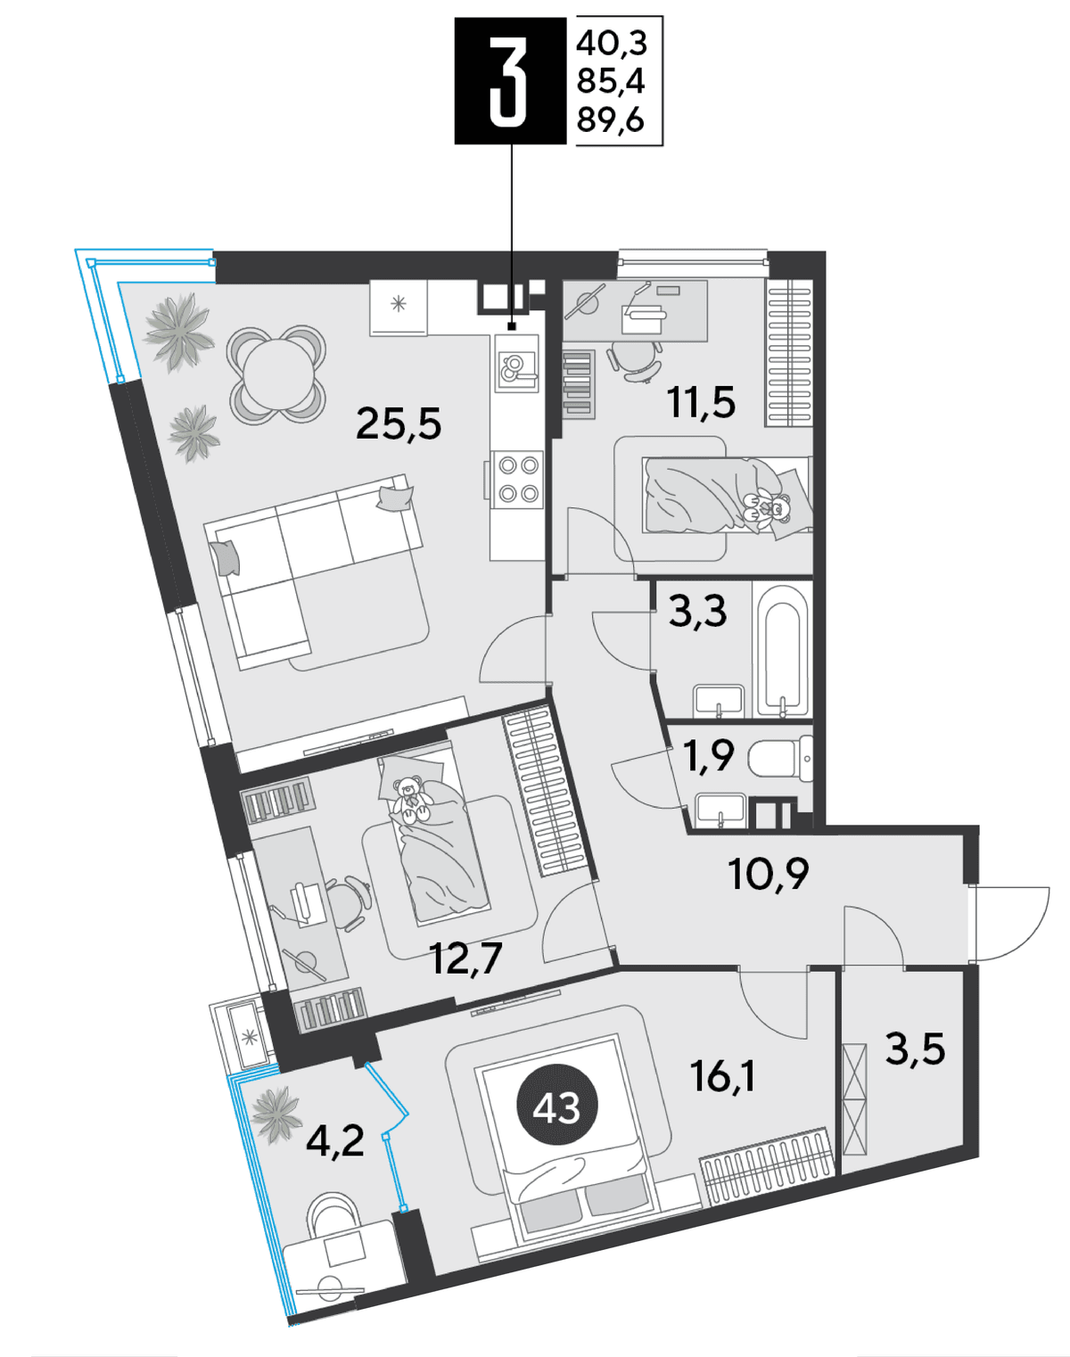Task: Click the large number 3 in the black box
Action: [509, 80]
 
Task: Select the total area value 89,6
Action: [611, 119]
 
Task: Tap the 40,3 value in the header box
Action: [612, 45]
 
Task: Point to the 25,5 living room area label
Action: [399, 424]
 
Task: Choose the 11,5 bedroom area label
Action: [702, 402]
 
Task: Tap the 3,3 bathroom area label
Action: [698, 612]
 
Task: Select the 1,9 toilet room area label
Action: [710, 755]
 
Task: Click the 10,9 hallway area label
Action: [769, 875]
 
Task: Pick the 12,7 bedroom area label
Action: [466, 958]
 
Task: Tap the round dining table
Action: [278, 374]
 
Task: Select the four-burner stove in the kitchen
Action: [519, 480]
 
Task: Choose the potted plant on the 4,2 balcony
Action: [276, 1114]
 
